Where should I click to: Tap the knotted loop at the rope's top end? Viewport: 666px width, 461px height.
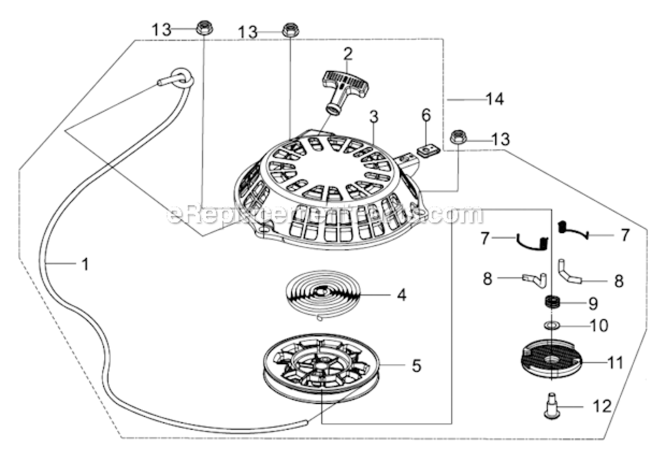pos(182,77)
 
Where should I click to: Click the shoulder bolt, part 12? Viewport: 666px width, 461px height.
pos(552,405)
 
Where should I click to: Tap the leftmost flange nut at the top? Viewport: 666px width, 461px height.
pos(203,27)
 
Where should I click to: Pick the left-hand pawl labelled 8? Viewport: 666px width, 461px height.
pos(533,279)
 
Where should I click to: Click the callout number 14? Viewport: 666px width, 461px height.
pos(495,99)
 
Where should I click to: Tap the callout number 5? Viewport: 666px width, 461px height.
pos(416,366)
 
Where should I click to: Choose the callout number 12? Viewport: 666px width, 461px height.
pos(602,406)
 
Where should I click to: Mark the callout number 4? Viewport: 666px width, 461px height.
pos(401,295)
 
